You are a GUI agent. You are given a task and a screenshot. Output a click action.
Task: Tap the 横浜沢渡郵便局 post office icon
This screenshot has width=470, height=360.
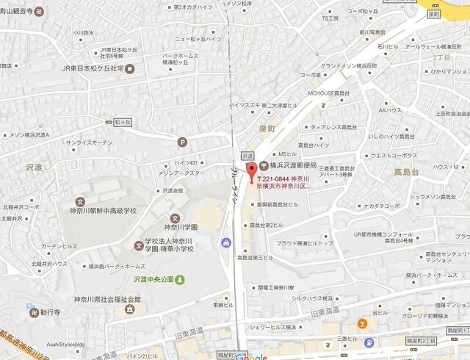(x=264, y=145)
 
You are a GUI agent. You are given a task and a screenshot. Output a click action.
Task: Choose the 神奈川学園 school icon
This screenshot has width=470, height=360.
(x=175, y=217)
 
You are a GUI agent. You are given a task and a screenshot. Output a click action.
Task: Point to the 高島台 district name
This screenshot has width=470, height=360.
(x=405, y=172)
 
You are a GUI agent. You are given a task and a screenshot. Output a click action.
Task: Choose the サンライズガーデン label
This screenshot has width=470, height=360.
(x=90, y=143)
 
